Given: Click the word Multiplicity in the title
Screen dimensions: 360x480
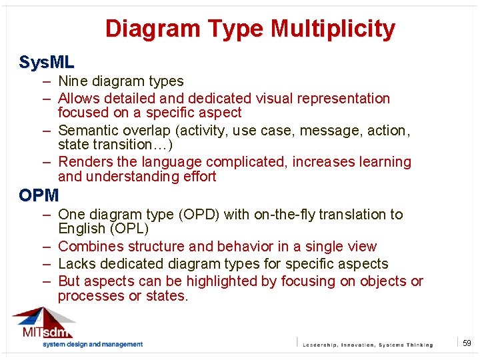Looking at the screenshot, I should coord(333,29).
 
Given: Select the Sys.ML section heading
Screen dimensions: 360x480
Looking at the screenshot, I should coord(47,63).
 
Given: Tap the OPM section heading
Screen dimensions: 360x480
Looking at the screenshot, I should coord(39,196).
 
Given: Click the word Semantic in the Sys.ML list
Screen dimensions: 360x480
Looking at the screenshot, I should coord(87,131).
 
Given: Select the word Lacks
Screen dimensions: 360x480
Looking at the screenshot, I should coord(77,264).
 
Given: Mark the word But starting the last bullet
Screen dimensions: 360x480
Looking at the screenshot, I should coord(69,281).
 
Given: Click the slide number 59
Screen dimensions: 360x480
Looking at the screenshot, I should coord(467,343).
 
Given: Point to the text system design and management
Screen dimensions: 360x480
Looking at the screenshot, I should coord(93,345).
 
